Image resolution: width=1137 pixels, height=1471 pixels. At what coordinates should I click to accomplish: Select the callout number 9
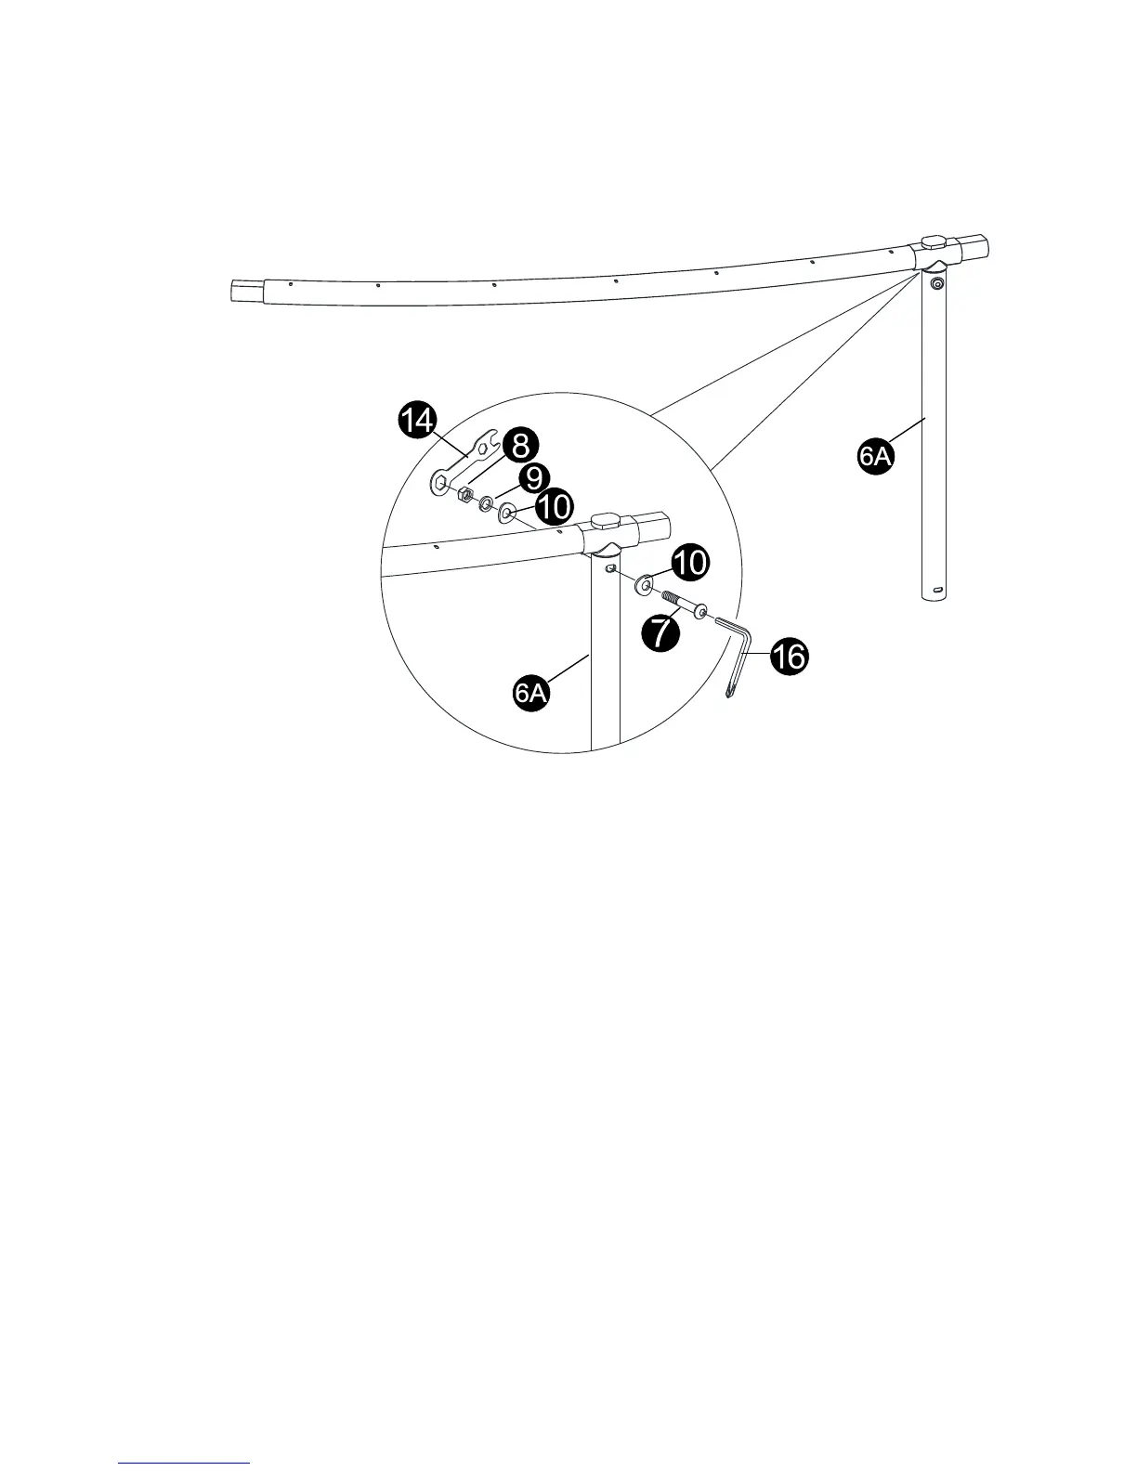pos(532,479)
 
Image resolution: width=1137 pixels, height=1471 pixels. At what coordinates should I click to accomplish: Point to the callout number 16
pos(788,657)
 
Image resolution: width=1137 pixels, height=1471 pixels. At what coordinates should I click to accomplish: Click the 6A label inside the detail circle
pos(532,694)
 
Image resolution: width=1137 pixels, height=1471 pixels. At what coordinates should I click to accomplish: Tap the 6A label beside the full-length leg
pos(875,458)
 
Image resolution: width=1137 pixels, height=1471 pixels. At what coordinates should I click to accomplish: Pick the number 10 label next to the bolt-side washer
pos(688,562)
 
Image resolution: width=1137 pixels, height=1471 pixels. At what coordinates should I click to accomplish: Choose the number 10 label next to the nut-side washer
pos(553,507)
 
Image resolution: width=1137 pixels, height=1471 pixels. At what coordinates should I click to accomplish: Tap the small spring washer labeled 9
pos(486,504)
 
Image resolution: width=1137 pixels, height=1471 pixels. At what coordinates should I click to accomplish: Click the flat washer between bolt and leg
pos(644,585)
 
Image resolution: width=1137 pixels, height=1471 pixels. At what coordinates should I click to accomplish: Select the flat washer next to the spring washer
pos(508,512)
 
